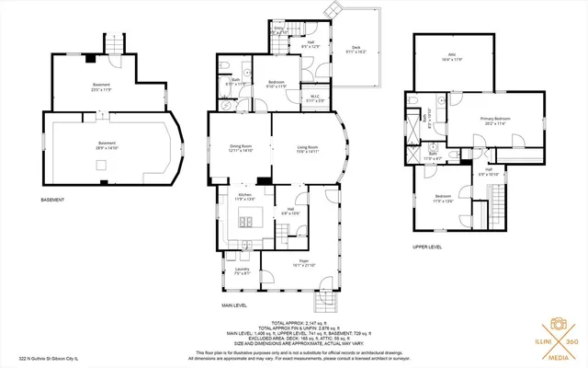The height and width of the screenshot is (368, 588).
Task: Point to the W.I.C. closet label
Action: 314,98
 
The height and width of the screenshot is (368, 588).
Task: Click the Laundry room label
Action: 242,270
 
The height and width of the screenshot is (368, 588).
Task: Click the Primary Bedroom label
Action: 495,120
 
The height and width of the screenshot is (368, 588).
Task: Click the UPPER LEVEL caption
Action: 427,247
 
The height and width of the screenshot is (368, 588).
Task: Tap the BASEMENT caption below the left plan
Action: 52,200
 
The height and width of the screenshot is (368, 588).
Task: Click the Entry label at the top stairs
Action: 279,29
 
